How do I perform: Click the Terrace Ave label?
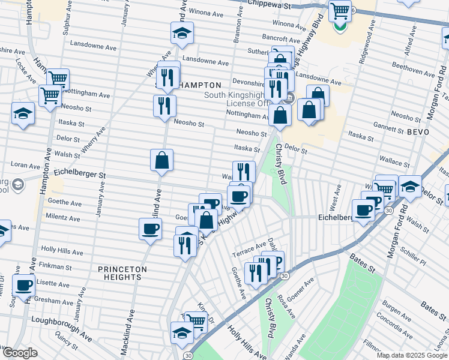[253, 247]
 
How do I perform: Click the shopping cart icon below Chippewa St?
[340, 10]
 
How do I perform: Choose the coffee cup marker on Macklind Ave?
[150, 229]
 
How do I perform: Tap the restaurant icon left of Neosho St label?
[164, 106]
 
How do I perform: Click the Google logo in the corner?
[19, 353]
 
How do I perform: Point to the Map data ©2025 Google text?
[411, 355]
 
